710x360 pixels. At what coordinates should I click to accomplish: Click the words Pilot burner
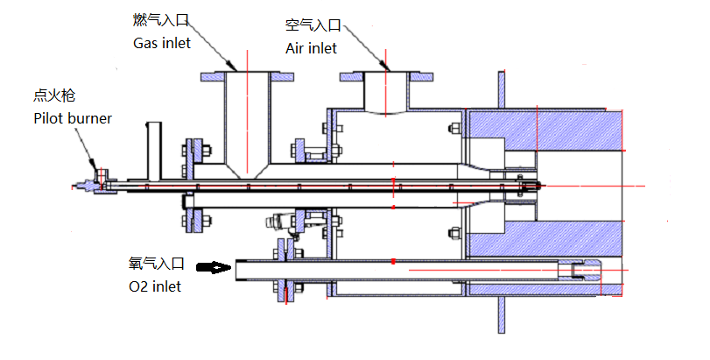pos(73,117)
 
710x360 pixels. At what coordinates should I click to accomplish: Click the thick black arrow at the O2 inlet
pos(213,267)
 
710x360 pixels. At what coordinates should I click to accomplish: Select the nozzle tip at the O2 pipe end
pos(581,271)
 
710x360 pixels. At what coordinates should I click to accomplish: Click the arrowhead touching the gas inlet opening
pos(233,66)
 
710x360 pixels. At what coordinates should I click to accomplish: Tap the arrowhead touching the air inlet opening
pos(385,66)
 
